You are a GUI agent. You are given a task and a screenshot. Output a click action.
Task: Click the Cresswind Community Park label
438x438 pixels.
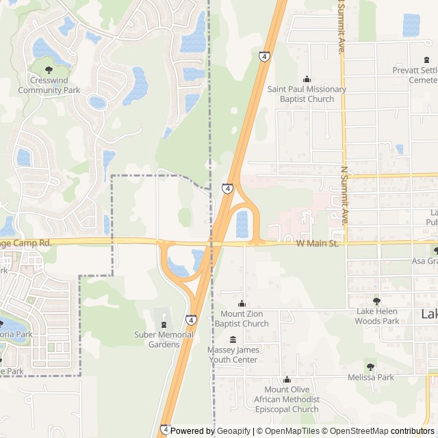pos(49,85)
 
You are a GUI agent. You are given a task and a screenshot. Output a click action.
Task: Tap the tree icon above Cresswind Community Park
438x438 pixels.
pos(49,69)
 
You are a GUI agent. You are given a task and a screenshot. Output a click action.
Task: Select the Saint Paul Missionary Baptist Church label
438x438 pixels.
pos(307,94)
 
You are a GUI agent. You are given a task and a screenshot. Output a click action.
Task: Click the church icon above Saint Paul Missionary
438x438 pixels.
pos(307,79)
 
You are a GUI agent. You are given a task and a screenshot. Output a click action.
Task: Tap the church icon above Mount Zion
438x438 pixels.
pos(242,304)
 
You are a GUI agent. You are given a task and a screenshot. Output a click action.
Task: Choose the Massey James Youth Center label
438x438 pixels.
pos(233,355)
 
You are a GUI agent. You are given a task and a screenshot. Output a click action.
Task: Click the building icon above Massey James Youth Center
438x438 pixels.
pos(233,339)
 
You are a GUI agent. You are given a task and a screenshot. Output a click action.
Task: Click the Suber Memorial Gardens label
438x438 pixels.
pos(164,339)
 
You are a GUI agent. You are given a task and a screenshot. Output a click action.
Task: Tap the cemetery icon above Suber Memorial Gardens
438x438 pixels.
pos(164,324)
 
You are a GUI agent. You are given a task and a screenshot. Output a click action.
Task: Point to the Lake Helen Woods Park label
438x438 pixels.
pos(376,316)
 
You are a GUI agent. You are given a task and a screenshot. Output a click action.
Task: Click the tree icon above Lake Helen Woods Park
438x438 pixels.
pos(376,301)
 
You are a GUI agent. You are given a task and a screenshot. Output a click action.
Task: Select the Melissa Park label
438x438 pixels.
pos(370,377)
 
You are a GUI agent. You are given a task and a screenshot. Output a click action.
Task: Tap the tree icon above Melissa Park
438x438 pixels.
pos(370,367)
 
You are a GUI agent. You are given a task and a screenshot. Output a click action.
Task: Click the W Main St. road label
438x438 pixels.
pos(318,244)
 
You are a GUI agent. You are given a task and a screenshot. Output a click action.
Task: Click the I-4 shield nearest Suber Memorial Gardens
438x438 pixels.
pos(191,320)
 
